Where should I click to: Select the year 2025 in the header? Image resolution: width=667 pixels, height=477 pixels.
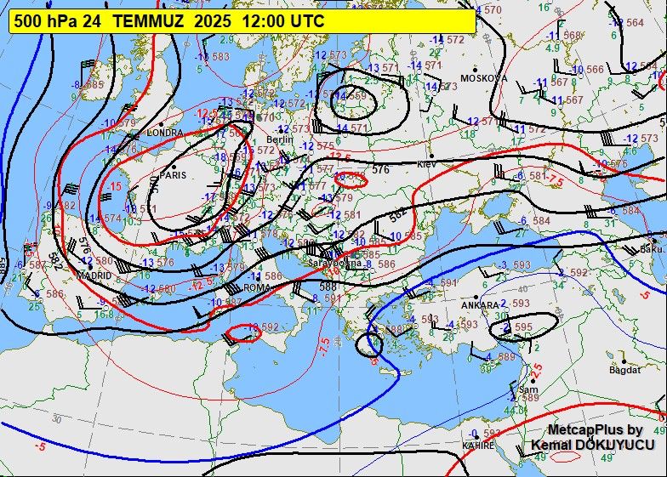pos(213,21)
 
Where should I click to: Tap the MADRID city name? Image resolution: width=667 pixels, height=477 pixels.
pos(94,275)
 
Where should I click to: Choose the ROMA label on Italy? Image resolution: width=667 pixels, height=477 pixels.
pos(256,287)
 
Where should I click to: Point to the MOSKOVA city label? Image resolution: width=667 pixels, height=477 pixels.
pos(483,78)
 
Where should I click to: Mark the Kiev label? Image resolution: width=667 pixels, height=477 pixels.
pos(425,163)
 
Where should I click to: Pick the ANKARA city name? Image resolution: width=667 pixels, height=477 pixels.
pos(479,305)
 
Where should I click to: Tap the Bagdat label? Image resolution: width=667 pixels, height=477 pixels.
pos(624,371)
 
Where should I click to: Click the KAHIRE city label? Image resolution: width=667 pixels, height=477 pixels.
pos(478,445)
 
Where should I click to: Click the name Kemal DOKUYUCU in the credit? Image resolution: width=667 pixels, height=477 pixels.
pos(593,445)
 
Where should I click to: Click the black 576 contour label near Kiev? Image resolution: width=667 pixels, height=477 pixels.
pos(380,170)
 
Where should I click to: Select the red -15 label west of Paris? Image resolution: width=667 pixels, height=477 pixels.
pos(115,185)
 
